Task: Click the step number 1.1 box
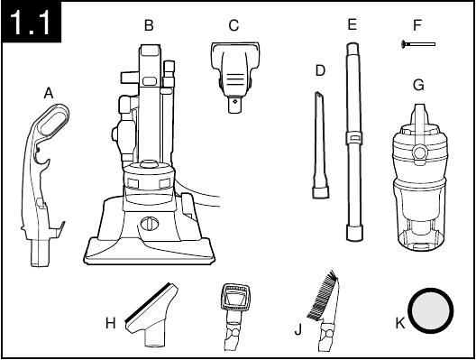click(x=32, y=22)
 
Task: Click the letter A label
click(x=49, y=93)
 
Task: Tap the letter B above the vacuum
click(x=149, y=25)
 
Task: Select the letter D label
click(x=320, y=70)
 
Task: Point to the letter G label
click(x=418, y=85)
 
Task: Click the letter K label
click(x=400, y=323)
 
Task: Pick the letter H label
click(x=111, y=323)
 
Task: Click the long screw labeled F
click(x=418, y=44)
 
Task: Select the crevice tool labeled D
click(x=320, y=145)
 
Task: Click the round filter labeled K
click(x=431, y=310)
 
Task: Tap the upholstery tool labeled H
click(x=151, y=315)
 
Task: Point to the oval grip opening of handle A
click(x=54, y=120)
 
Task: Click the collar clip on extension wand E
click(x=354, y=137)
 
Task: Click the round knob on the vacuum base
click(x=150, y=224)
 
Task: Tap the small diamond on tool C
click(x=234, y=101)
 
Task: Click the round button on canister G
click(x=420, y=152)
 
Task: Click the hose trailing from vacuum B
click(x=199, y=197)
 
